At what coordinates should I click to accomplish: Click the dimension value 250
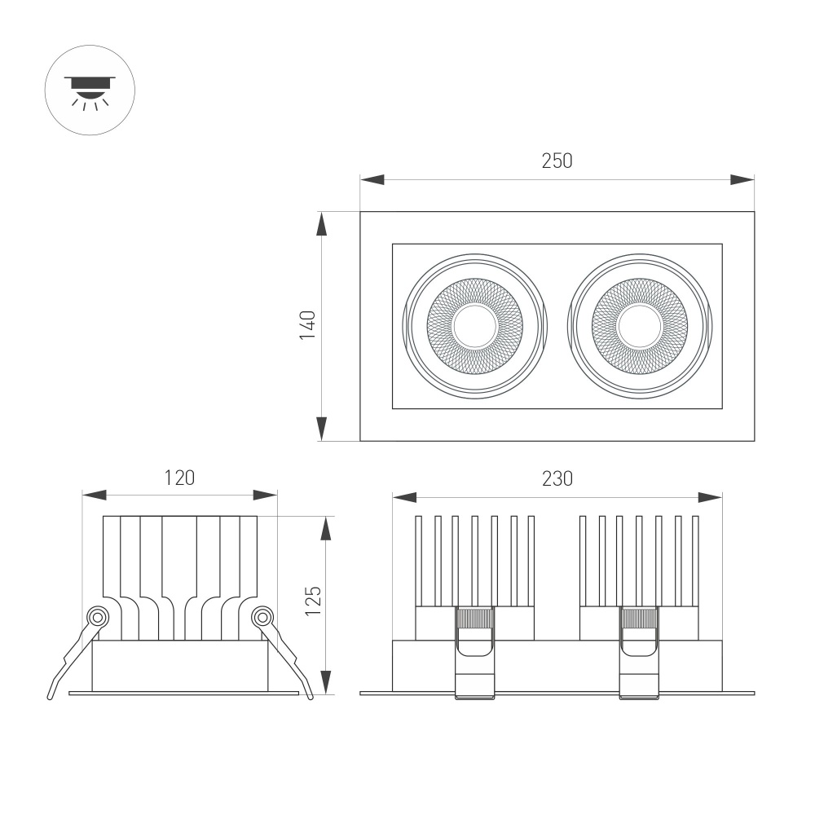pos(557,161)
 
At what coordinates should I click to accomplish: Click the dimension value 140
pos(307,325)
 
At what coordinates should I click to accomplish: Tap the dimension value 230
pos(557,478)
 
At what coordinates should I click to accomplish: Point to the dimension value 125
pos(314,601)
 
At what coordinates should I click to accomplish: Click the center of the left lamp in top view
pos(475,326)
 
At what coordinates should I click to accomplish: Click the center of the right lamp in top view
pos(640,326)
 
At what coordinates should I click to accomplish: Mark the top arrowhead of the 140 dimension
pos(322,225)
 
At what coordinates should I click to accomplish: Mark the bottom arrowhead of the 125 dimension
pos(326,681)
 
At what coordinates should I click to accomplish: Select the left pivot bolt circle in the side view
pos(98,617)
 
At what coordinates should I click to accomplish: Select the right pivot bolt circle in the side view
pos(262,617)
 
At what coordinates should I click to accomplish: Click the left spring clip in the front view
pos(475,652)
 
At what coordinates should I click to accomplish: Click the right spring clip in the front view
pos(640,652)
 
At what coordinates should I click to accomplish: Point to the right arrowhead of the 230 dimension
pos(711,496)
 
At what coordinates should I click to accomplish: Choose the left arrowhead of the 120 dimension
pos(95,495)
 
